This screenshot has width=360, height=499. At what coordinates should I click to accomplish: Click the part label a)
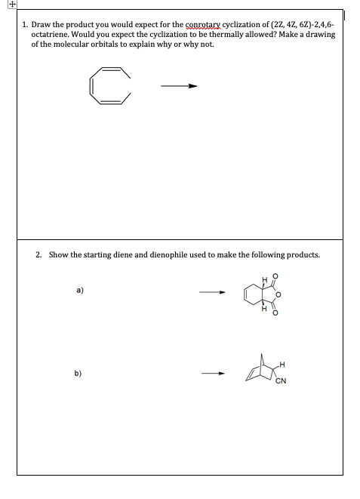[78, 288]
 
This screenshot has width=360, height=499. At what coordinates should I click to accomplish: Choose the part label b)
[78, 372]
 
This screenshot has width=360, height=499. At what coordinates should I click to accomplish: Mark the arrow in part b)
[213, 373]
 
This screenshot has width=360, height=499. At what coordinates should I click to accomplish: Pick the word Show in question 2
[58, 254]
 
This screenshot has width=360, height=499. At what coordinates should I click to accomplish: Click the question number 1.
[25, 25]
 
